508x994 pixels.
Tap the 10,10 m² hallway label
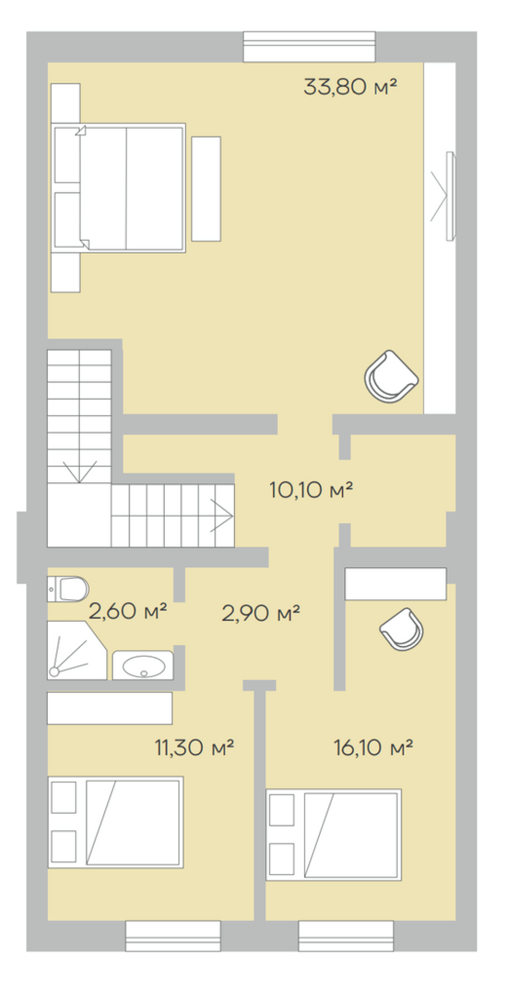(x=311, y=490)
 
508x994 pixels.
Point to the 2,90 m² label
(x=261, y=613)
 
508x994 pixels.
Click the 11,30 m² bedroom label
(x=194, y=747)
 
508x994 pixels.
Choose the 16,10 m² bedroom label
(x=373, y=747)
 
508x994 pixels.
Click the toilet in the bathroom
(x=68, y=589)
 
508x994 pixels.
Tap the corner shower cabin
(x=77, y=650)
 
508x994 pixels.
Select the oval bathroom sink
(x=143, y=665)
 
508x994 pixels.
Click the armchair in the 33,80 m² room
(x=391, y=376)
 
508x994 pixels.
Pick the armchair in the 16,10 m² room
(x=402, y=629)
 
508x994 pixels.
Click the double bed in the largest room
(x=118, y=188)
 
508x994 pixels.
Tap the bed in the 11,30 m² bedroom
(x=116, y=822)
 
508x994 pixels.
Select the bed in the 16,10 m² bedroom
(x=334, y=835)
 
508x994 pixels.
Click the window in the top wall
(x=309, y=47)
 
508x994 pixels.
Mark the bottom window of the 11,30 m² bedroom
(x=173, y=936)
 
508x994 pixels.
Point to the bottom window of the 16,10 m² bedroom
(x=346, y=936)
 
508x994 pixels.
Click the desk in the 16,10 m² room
(x=396, y=584)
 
